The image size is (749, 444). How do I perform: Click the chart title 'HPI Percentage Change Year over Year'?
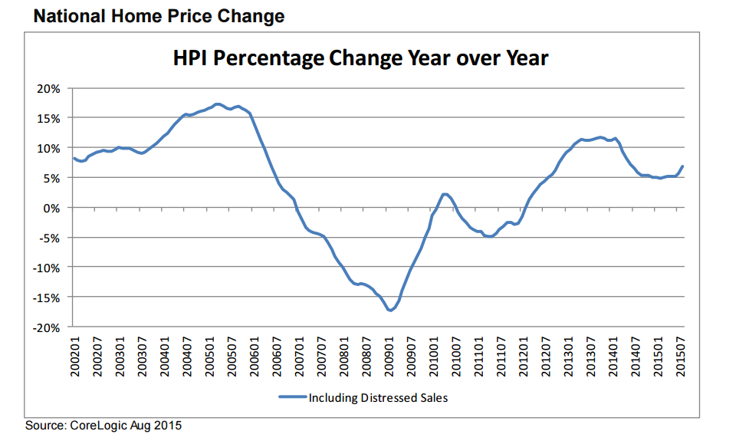click(360, 58)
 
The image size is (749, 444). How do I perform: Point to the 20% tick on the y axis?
click(48, 88)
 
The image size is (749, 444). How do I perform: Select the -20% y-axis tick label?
click(46, 327)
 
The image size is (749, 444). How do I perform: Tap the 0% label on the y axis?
click(51, 208)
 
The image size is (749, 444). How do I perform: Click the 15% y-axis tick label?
click(48, 118)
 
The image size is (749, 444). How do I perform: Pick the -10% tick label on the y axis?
click(46, 268)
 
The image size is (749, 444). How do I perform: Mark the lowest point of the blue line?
click(390, 311)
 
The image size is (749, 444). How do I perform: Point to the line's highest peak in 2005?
click(218, 104)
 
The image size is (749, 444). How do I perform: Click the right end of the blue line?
click(683, 166)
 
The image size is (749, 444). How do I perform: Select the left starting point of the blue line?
click(74, 159)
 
